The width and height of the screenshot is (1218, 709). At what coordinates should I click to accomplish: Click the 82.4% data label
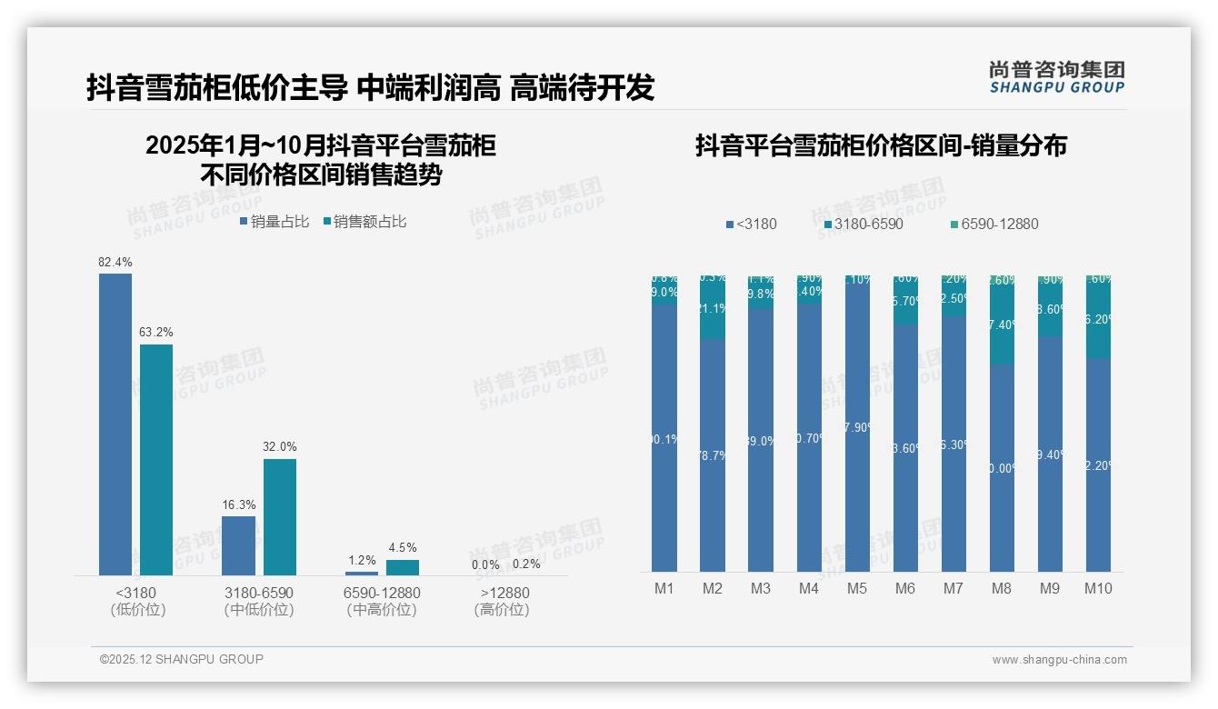click(115, 263)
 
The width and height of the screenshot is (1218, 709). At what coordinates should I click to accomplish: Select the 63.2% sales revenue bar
click(156, 459)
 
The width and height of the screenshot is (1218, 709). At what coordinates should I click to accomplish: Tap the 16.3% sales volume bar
click(238, 545)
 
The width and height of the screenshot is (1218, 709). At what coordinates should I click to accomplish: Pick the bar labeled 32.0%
click(280, 516)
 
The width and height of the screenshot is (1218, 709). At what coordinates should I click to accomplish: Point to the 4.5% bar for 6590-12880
click(403, 567)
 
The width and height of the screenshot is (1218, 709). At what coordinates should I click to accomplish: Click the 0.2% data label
click(526, 564)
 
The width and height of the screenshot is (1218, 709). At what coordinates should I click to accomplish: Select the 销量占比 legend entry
click(275, 222)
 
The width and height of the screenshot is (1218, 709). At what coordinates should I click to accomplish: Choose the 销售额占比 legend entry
click(364, 222)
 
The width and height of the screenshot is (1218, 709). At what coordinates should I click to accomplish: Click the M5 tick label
click(857, 589)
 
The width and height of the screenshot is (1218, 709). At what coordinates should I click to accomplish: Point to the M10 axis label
click(1098, 589)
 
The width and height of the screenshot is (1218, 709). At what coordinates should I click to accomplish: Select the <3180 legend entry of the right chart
click(752, 225)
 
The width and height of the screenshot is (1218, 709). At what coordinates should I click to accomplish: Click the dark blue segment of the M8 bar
click(1002, 468)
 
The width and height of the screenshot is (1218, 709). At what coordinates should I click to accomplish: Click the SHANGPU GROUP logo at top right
click(1057, 77)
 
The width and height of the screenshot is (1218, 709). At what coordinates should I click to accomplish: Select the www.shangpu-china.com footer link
click(1059, 660)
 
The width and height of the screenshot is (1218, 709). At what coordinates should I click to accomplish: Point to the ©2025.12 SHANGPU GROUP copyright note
click(182, 660)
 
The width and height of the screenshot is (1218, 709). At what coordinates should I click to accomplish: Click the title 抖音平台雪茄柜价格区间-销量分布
click(881, 145)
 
